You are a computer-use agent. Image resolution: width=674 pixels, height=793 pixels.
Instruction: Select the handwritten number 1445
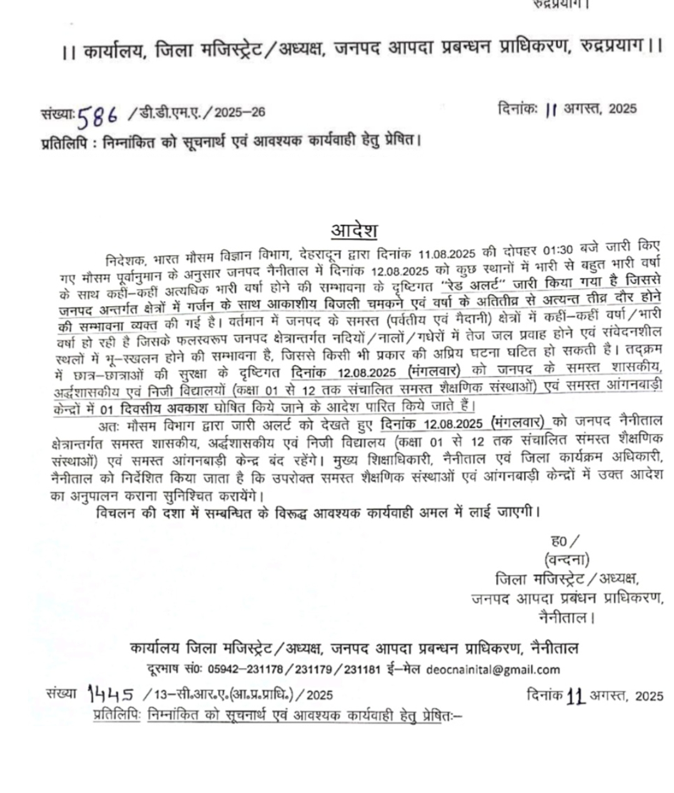(x=111, y=693)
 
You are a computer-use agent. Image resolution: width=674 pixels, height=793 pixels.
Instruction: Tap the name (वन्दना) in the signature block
(x=567, y=559)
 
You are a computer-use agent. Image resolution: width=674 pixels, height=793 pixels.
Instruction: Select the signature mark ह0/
(x=565, y=541)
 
